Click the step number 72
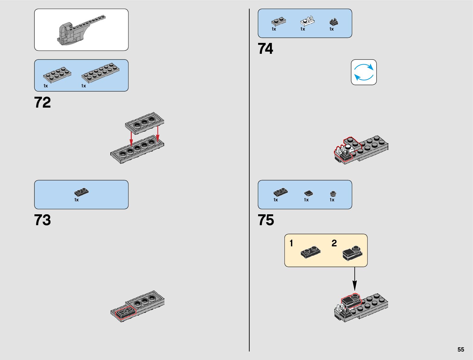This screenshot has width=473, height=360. pos(43,102)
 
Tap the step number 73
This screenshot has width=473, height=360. pos(43,220)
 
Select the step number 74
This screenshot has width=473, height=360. pos(265,49)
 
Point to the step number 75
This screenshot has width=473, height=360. pos(266,220)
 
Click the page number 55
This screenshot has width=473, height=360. pos(461,349)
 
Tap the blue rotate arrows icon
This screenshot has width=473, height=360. pos(364,72)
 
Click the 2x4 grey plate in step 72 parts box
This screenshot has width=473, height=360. pos(57,74)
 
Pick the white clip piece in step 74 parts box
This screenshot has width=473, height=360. pos(307,21)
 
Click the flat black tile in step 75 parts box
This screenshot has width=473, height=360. pos(308,193)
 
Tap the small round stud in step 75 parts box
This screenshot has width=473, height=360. pos(333,194)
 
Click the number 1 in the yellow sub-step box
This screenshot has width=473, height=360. pos(291,243)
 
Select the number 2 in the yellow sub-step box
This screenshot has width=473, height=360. pos(334,243)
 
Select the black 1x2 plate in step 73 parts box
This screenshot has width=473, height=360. pos(81,192)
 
